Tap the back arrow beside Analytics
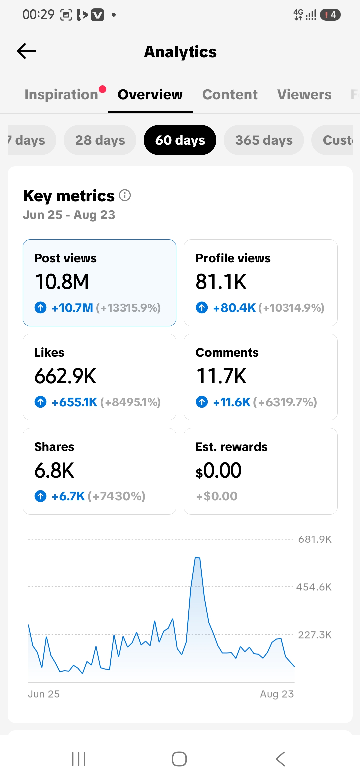26,51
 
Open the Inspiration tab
61,95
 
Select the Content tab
230,95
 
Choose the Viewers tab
304,95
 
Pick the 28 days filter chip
100,140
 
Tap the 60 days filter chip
180,140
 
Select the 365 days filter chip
264,140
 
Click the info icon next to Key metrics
125,195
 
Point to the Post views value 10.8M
62,282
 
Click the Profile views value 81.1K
221,282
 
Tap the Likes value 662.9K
65,376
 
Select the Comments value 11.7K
221,376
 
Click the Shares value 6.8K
54,470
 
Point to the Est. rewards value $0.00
218,470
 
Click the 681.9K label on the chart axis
315,539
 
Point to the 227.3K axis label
315,635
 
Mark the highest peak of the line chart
197,557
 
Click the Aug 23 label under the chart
277,694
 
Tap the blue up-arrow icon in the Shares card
41,496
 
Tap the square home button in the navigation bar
179,759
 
